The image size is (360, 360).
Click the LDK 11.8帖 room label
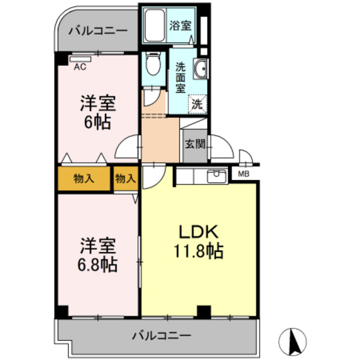200,241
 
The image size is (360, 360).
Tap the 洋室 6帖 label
98,113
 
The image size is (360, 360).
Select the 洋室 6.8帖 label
98,255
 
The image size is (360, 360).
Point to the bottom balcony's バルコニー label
161,336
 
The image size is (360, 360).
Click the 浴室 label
180,26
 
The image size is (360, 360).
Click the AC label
80,66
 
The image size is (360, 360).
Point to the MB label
244,174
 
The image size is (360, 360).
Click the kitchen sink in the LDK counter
216,175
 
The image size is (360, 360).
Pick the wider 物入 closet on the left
84,178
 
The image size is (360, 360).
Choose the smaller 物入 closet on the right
125,178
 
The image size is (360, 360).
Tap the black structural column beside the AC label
62,59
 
